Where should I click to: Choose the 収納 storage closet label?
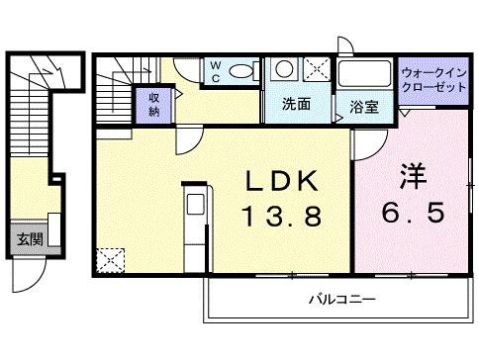click(x=155, y=104)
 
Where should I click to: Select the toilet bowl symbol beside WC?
click(x=239, y=71)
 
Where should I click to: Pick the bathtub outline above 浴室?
click(x=363, y=74)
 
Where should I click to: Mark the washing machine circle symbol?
click(x=284, y=68)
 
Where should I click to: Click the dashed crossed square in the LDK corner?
click(x=109, y=260)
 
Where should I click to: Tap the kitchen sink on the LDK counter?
click(x=195, y=206)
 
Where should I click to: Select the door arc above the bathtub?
click(x=345, y=45)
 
